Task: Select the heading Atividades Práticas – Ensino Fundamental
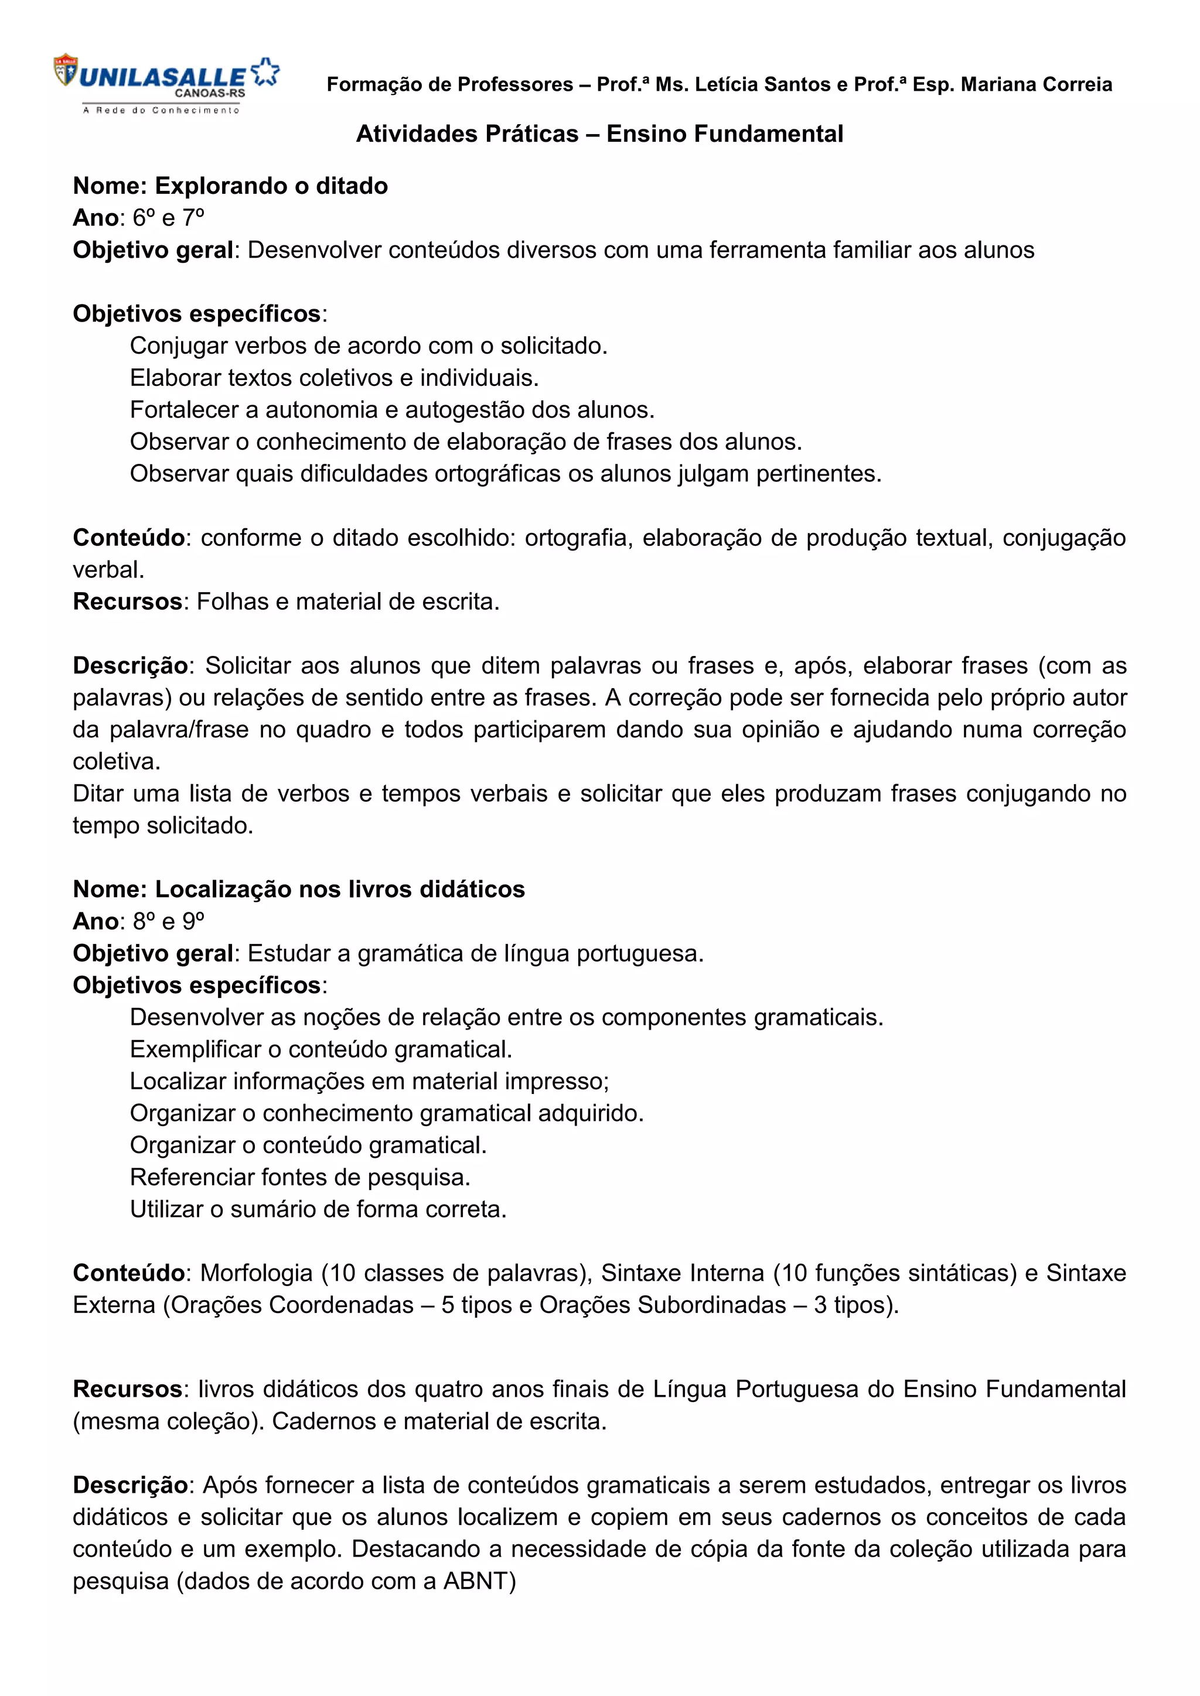coord(599,134)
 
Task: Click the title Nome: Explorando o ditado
coord(230,186)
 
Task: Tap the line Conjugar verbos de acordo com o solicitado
coord(368,346)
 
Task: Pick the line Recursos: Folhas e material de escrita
coord(286,601)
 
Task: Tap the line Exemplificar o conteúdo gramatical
coord(321,1049)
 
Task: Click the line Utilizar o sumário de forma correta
coord(318,1209)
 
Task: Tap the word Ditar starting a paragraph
coord(96,794)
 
